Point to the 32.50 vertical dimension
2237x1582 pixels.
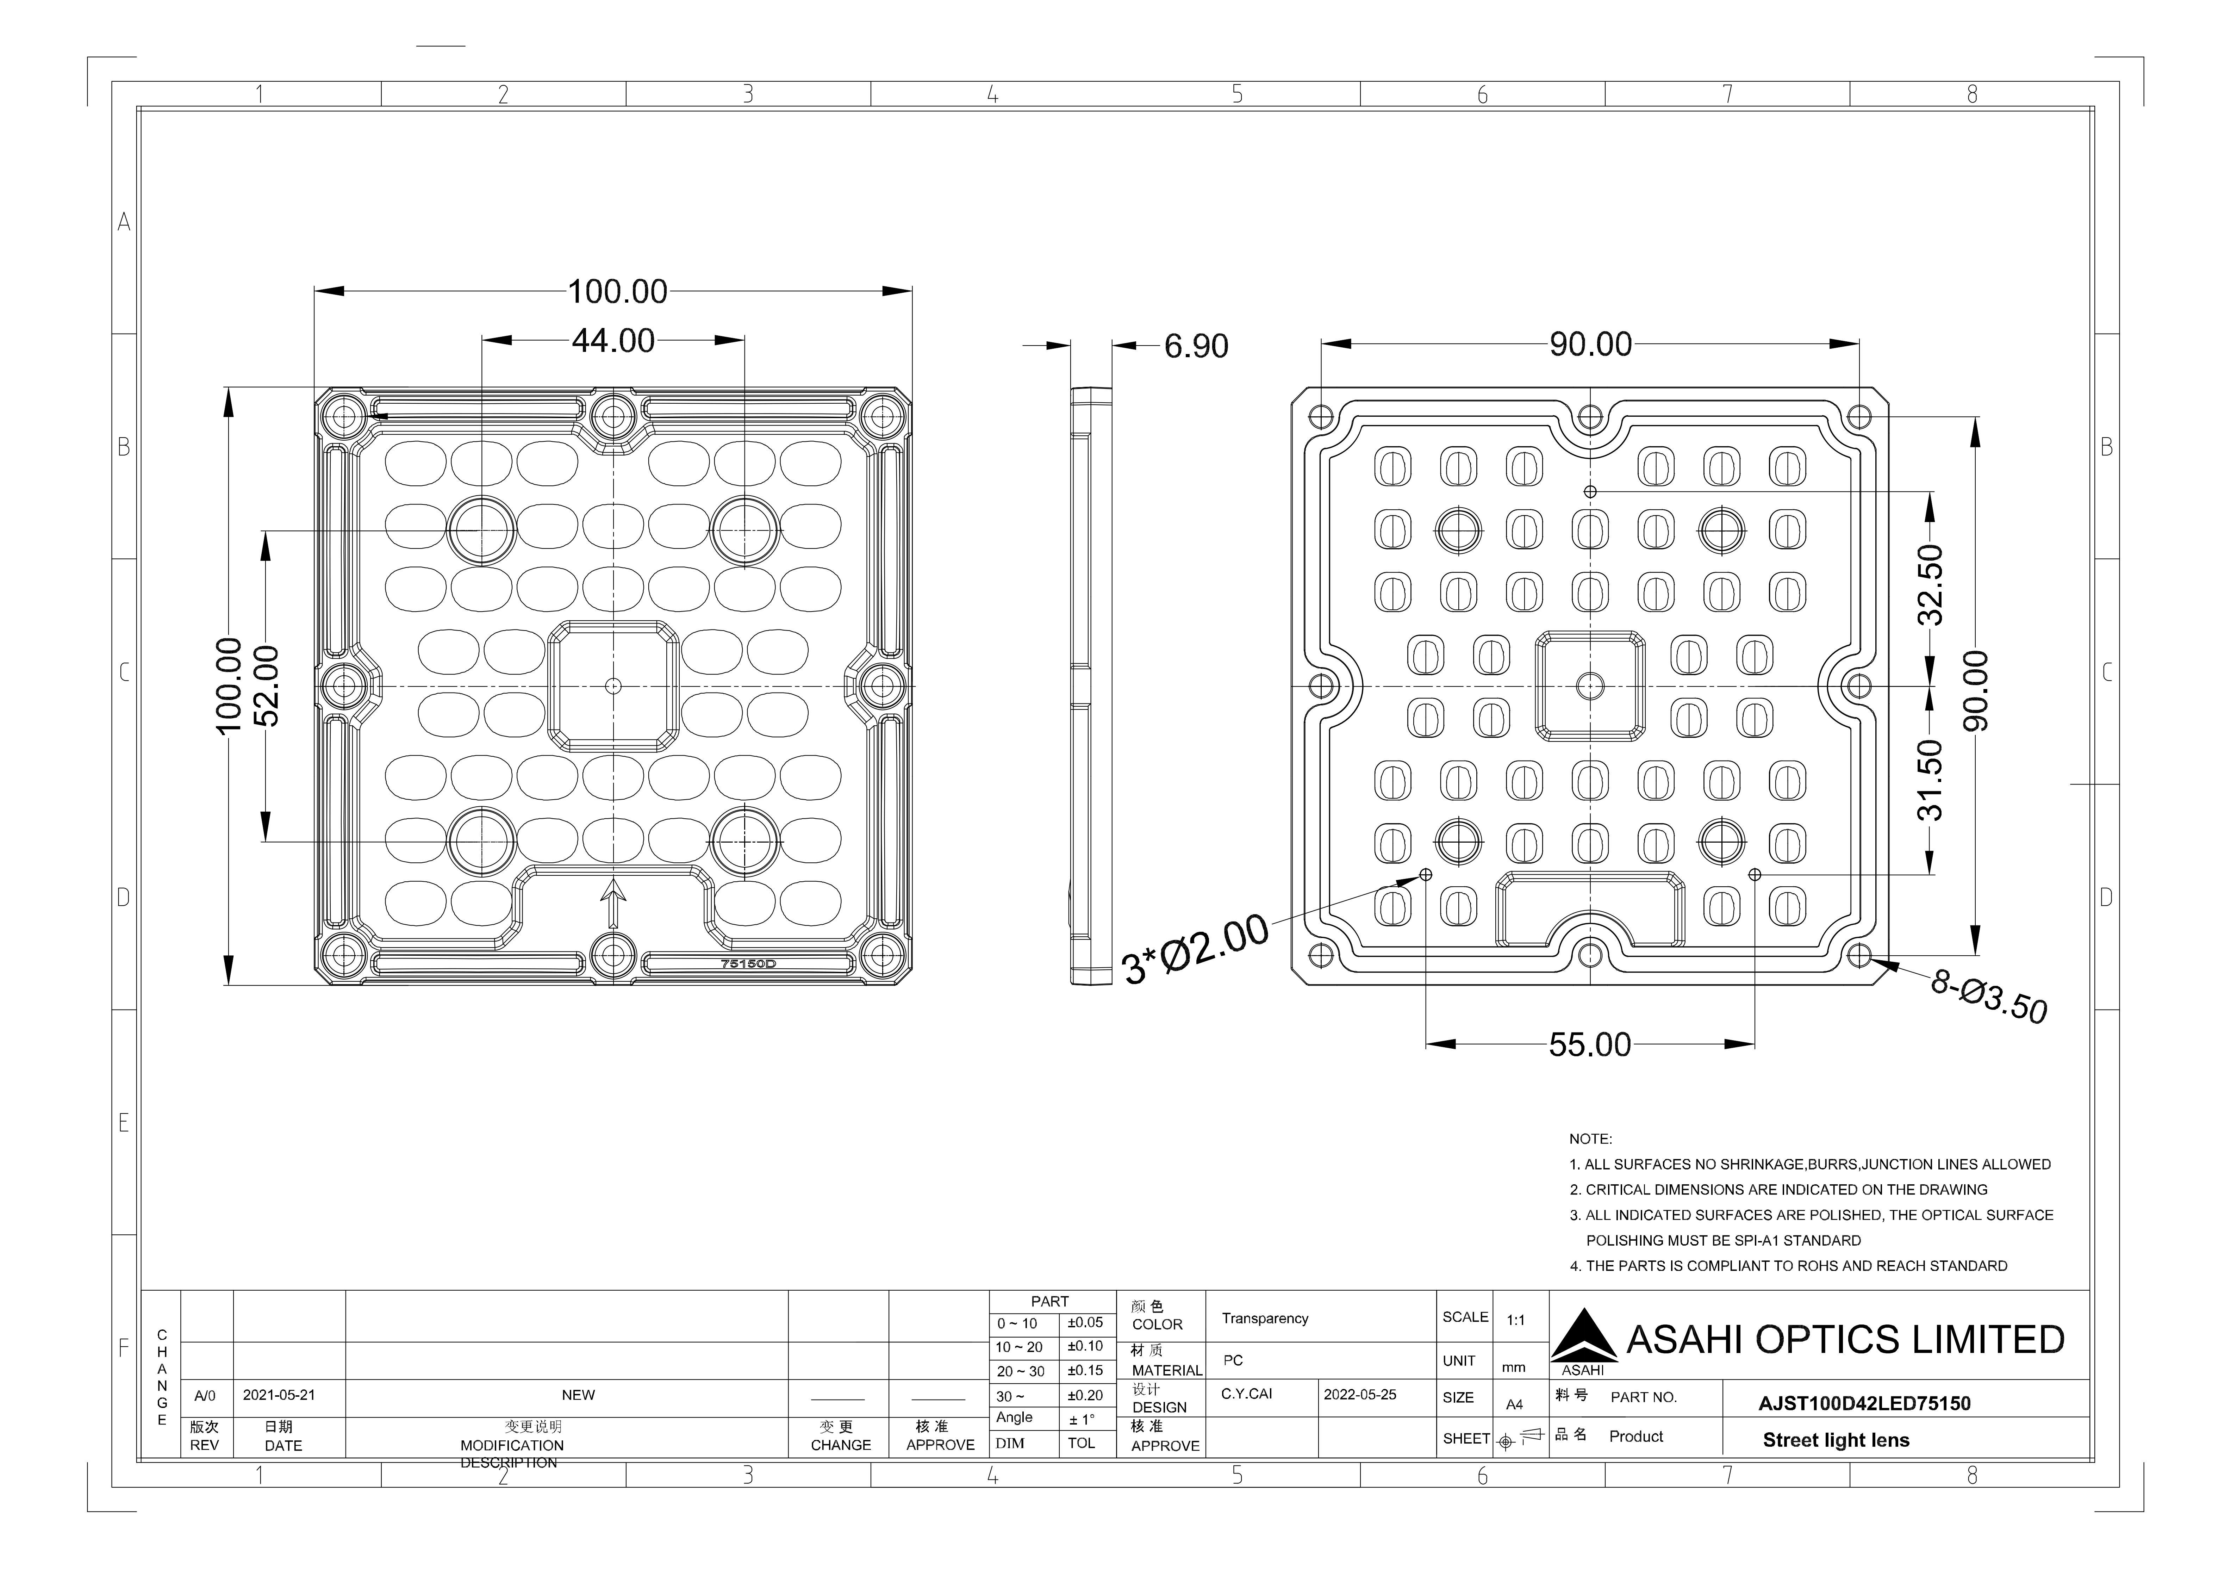1930,585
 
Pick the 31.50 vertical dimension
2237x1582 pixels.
1930,780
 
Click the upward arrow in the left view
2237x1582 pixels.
613,902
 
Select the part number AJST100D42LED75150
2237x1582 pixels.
1864,1404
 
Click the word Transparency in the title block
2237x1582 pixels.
1265,1319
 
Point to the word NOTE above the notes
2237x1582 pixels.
1590,1139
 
